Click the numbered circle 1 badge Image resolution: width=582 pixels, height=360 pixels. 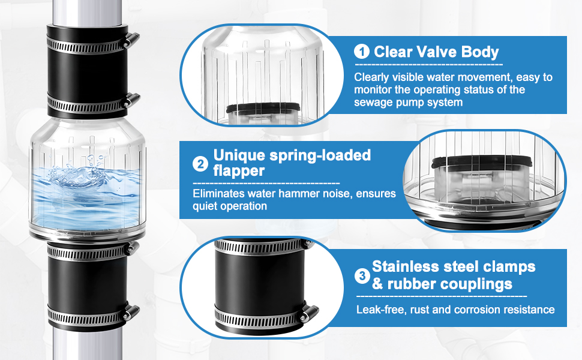pyautogui.click(x=361, y=52)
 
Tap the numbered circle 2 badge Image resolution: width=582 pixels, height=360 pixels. pyautogui.click(x=200, y=164)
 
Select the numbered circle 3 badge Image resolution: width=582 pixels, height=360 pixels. pyautogui.click(x=362, y=276)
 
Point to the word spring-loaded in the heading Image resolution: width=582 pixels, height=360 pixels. pyautogui.click(x=320, y=155)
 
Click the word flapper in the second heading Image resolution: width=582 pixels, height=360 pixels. pyautogui.click(x=239, y=171)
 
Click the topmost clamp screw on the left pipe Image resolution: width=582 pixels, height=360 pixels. pyautogui.click(x=132, y=39)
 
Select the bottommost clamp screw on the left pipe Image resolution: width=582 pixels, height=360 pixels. pyautogui.click(x=131, y=312)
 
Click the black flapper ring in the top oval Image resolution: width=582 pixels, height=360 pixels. pyautogui.click(x=263, y=108)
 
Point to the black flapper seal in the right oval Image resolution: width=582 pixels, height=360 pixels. pyautogui.click(x=481, y=161)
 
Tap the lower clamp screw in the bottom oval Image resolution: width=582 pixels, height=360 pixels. pyautogui.click(x=309, y=313)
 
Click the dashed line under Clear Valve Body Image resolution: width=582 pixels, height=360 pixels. pyautogui.click(x=429, y=65)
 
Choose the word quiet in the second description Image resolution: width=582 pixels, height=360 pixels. pyautogui.click(x=206, y=206)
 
